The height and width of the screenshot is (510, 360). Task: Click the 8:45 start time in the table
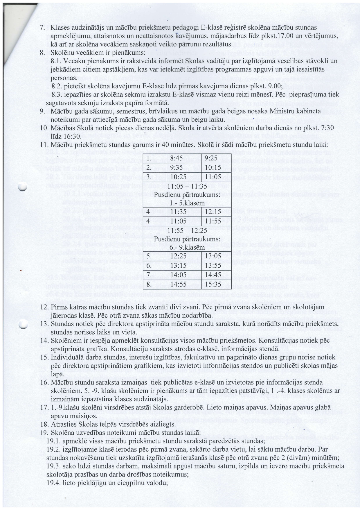tap(178, 158)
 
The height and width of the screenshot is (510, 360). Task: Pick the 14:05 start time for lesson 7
tap(178, 275)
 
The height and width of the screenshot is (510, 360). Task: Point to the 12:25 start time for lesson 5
tap(178, 256)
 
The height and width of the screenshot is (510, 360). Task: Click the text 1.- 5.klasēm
tap(187, 203)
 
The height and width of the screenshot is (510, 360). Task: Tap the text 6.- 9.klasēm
tap(187, 248)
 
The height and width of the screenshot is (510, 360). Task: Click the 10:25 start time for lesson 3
tap(178, 177)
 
